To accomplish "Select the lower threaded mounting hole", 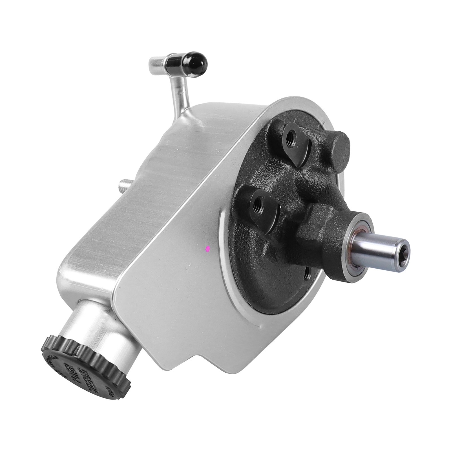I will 257,202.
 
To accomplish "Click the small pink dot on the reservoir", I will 208,248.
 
